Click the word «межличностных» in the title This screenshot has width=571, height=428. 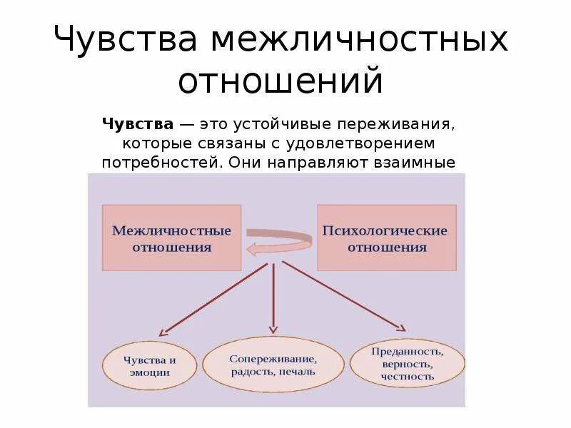[358, 40]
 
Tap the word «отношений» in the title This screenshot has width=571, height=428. [281, 81]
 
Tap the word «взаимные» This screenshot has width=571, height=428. [414, 162]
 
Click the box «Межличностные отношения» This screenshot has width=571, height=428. [171, 238]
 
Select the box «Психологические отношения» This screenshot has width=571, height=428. [386, 238]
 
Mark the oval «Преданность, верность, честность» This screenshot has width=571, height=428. [408, 364]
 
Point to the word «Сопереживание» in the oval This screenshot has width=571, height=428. [273, 359]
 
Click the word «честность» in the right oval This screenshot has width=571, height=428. [408, 376]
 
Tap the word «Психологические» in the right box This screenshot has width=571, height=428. [386, 230]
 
